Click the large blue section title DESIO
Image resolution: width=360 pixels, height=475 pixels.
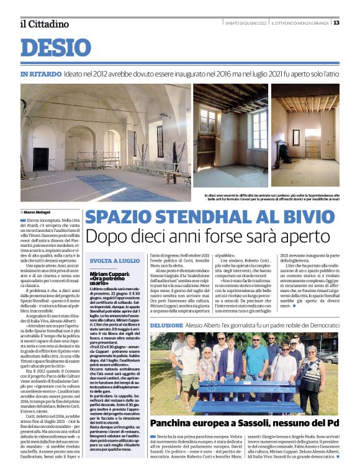point(55,48)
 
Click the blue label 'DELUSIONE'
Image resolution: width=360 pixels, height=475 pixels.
point(166,325)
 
